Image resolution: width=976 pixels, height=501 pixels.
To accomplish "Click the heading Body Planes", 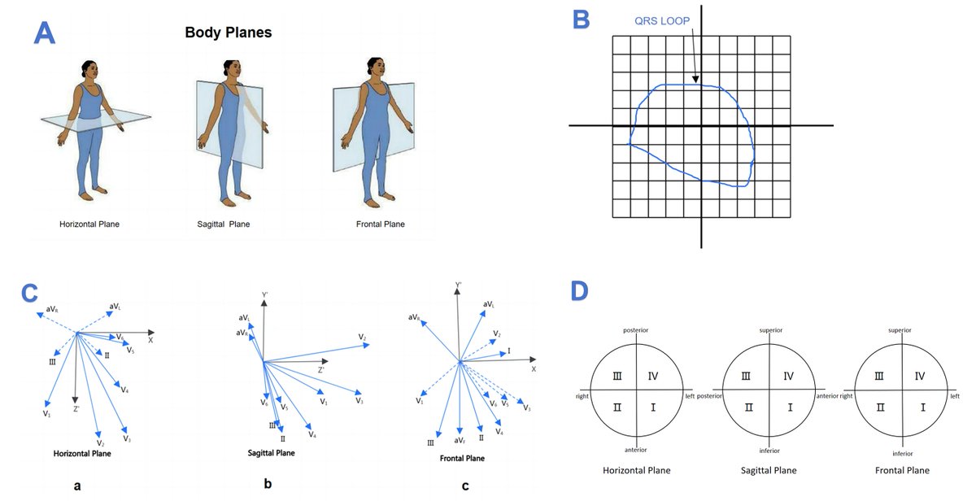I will (x=228, y=33).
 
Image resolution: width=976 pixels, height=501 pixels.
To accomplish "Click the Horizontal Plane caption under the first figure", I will (x=89, y=224).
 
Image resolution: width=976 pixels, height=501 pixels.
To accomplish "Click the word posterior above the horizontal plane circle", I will (x=635, y=330).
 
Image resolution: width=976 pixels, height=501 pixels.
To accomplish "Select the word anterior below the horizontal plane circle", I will (x=635, y=450).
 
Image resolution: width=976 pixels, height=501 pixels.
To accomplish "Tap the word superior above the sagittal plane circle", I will (x=769, y=330).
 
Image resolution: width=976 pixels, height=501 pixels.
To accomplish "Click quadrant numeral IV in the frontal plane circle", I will (x=920, y=375).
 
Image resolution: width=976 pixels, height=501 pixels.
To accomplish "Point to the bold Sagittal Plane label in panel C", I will (x=271, y=453).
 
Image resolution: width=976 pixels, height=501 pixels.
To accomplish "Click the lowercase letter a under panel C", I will (x=76, y=486).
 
